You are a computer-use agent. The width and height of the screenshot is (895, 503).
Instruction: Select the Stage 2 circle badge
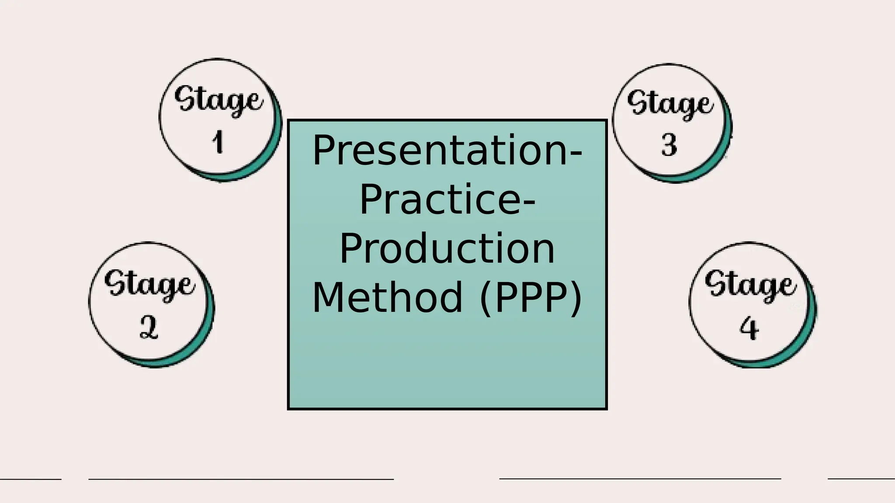(x=151, y=304)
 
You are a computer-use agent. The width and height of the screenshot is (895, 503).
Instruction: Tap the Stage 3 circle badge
(x=671, y=122)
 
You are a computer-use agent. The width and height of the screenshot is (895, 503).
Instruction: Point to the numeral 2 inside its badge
(x=149, y=327)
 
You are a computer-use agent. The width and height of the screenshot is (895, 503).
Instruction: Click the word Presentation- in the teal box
(x=447, y=151)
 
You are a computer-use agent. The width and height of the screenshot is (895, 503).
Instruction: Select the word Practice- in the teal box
(x=447, y=200)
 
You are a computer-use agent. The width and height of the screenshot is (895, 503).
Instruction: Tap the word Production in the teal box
(x=447, y=249)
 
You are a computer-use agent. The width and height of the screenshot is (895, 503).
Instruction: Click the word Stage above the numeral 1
(x=219, y=100)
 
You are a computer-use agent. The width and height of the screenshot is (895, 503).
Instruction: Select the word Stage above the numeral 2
(x=149, y=284)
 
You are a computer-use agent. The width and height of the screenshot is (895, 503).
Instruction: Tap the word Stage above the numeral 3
(x=670, y=104)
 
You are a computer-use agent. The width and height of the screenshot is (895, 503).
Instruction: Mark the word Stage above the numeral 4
(x=750, y=284)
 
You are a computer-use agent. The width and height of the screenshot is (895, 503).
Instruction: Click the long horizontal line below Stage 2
(x=241, y=479)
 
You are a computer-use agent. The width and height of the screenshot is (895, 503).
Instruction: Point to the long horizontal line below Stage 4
(x=640, y=479)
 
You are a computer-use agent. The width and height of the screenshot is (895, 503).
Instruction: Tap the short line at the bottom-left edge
(x=31, y=479)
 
